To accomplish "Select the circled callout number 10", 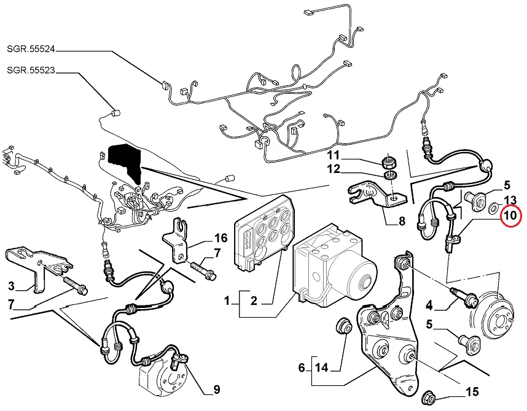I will coord(510,216).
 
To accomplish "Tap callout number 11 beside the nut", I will coord(350,155).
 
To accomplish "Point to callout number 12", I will coord(350,169).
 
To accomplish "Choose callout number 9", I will coord(216,388).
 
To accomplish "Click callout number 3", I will coord(11,285).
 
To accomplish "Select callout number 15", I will coord(472,392).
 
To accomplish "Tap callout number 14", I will coord(322,368).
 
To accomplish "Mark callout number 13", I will coord(510,201).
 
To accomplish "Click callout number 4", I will coord(430,304).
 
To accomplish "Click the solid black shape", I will coord(125,161).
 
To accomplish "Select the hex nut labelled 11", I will coord(388,163).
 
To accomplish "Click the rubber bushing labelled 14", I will coord(344,326).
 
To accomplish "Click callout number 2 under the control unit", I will coord(252,301).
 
